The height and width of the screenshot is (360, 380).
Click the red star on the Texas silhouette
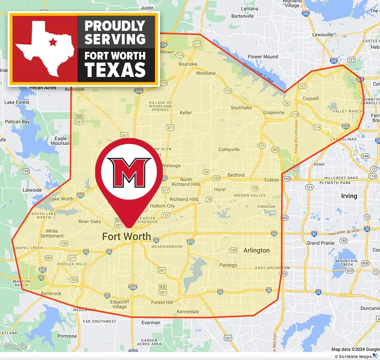53,42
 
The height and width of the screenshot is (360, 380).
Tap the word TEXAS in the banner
115,70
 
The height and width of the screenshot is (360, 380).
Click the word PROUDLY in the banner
115,26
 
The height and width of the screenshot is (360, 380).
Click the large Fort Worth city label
127,237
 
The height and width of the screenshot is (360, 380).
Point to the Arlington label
256,250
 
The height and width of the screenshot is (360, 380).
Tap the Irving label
349,196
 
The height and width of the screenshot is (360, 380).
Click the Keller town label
186,113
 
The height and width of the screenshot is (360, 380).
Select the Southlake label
241,108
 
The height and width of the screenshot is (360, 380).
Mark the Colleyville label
229,149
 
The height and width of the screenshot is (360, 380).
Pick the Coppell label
310,98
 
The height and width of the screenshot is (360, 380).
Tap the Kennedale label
188,311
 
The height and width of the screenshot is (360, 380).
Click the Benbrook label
51,293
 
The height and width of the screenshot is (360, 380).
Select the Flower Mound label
263,57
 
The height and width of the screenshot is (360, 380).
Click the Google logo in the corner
15,347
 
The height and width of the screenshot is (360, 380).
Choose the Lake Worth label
61,199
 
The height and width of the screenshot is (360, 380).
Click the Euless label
271,180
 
